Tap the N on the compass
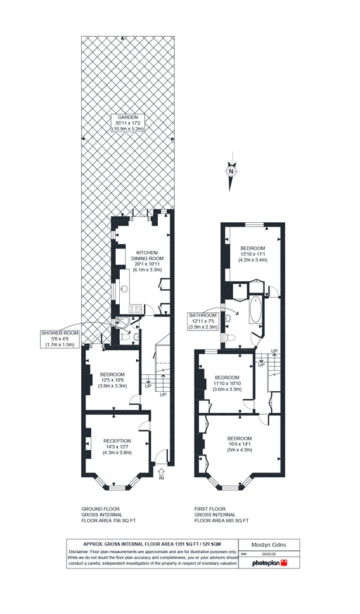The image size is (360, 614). tap(231, 171)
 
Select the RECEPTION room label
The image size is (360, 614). tap(117, 447)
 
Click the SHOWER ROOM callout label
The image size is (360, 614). tap(60, 339)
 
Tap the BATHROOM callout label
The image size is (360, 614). tap(203, 320)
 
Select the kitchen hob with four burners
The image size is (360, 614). tap(134, 309)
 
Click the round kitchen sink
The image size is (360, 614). tap(124, 289)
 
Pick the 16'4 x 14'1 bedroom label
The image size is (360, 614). tap(240, 444)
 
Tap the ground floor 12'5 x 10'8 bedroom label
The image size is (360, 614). tap(112, 380)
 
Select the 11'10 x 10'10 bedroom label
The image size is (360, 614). tap(227, 384)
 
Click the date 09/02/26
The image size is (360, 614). tap(269, 554)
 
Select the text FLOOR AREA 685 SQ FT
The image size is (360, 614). tap(221, 521)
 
